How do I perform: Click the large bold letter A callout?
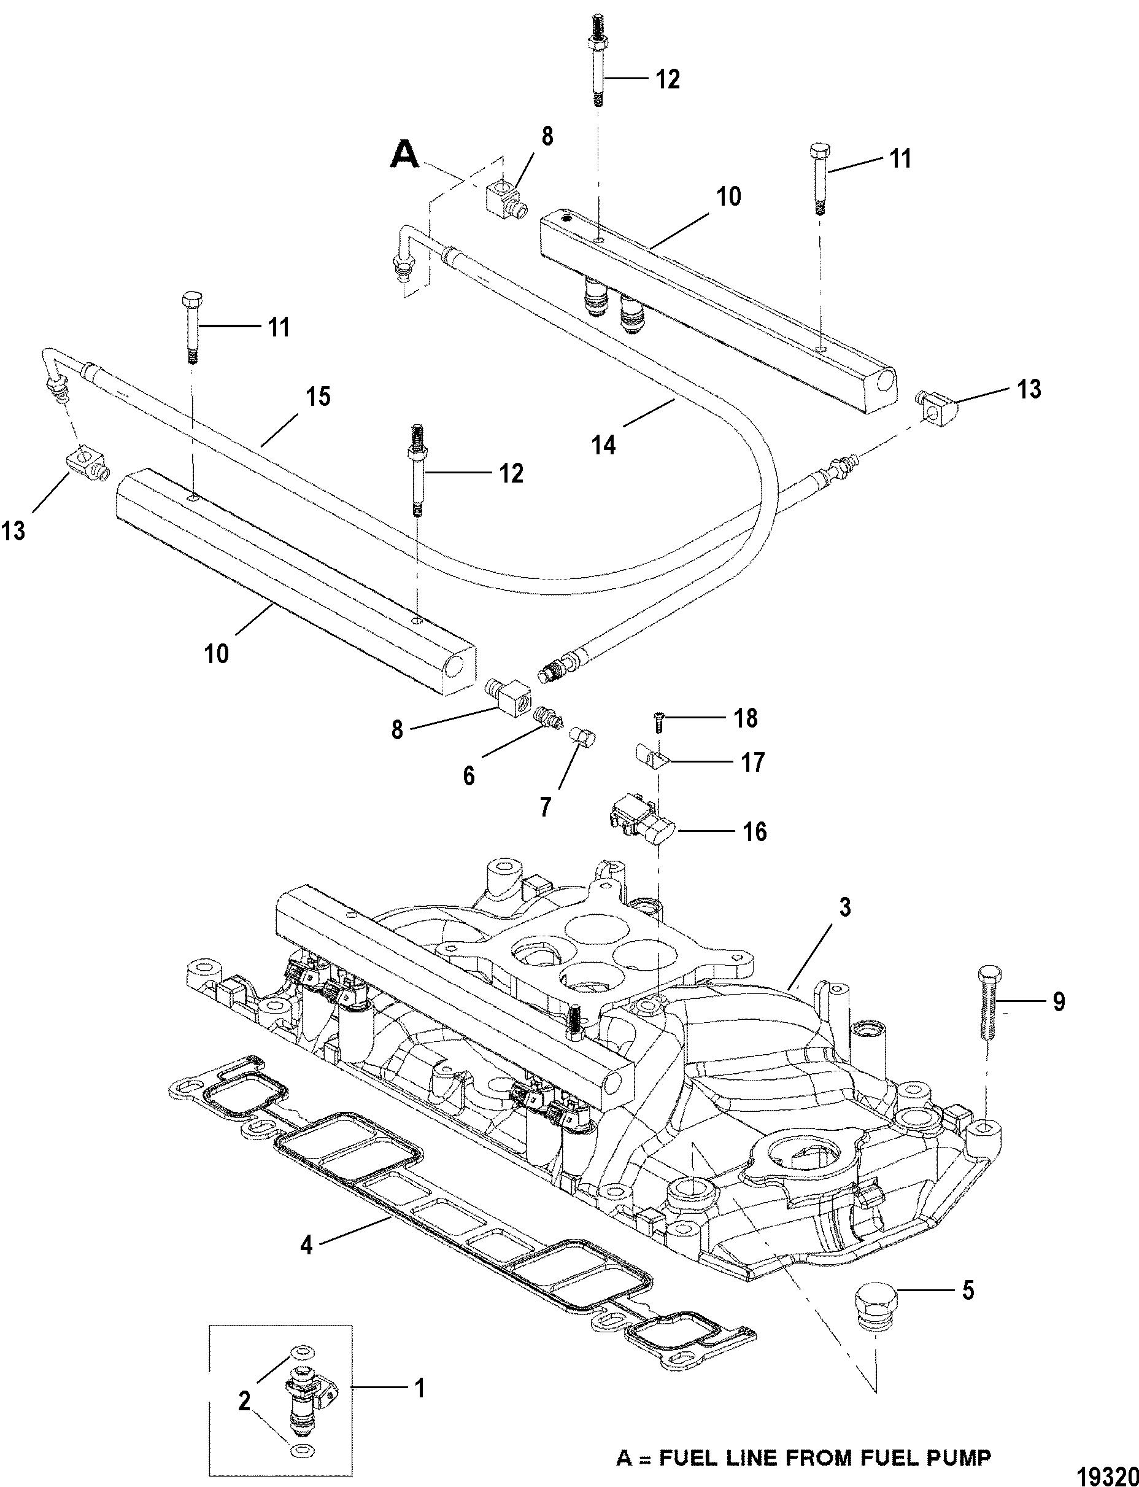405,155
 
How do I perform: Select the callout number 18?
746,718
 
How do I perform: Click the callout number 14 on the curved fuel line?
603,445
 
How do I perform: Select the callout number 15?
318,397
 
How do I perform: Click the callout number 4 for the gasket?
306,1246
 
